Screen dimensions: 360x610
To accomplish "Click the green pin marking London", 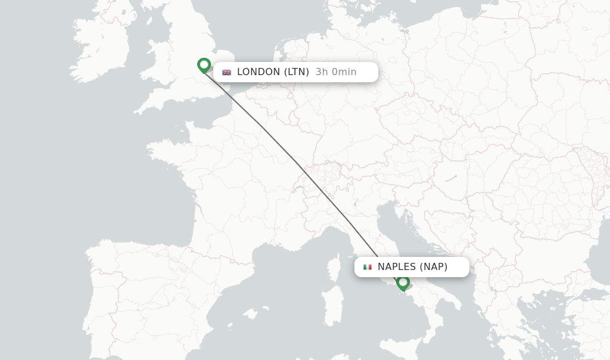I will click(x=204, y=64).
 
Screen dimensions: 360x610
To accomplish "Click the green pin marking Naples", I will click(x=403, y=282).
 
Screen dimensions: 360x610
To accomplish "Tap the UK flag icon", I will click(x=226, y=72).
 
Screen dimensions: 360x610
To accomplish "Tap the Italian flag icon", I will click(x=368, y=267).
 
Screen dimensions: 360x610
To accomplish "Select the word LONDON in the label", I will click(x=259, y=72).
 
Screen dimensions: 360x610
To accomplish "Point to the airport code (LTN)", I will click(x=296, y=72).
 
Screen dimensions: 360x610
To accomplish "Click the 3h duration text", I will click(x=322, y=72).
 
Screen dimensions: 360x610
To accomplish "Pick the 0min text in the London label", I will click(x=344, y=72).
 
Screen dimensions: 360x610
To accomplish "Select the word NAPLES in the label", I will click(x=397, y=267).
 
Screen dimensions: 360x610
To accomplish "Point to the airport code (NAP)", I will click(x=434, y=267).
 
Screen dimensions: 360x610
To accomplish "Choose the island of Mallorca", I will click(x=250, y=314).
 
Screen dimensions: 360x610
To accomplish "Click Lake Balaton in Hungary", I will click(x=450, y=178).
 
